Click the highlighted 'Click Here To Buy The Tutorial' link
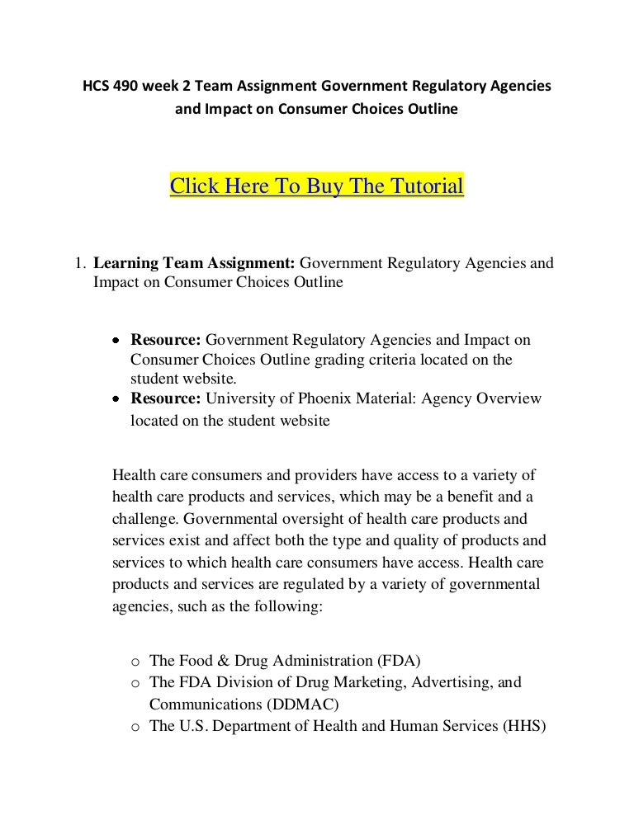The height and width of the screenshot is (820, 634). (316, 184)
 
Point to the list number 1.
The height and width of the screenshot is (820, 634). (79, 264)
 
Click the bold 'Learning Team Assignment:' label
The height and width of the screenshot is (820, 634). (194, 264)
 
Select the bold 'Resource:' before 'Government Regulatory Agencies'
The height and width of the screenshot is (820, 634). (165, 340)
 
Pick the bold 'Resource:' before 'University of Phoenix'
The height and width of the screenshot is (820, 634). (165, 399)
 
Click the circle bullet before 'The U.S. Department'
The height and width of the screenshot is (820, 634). (135, 727)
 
